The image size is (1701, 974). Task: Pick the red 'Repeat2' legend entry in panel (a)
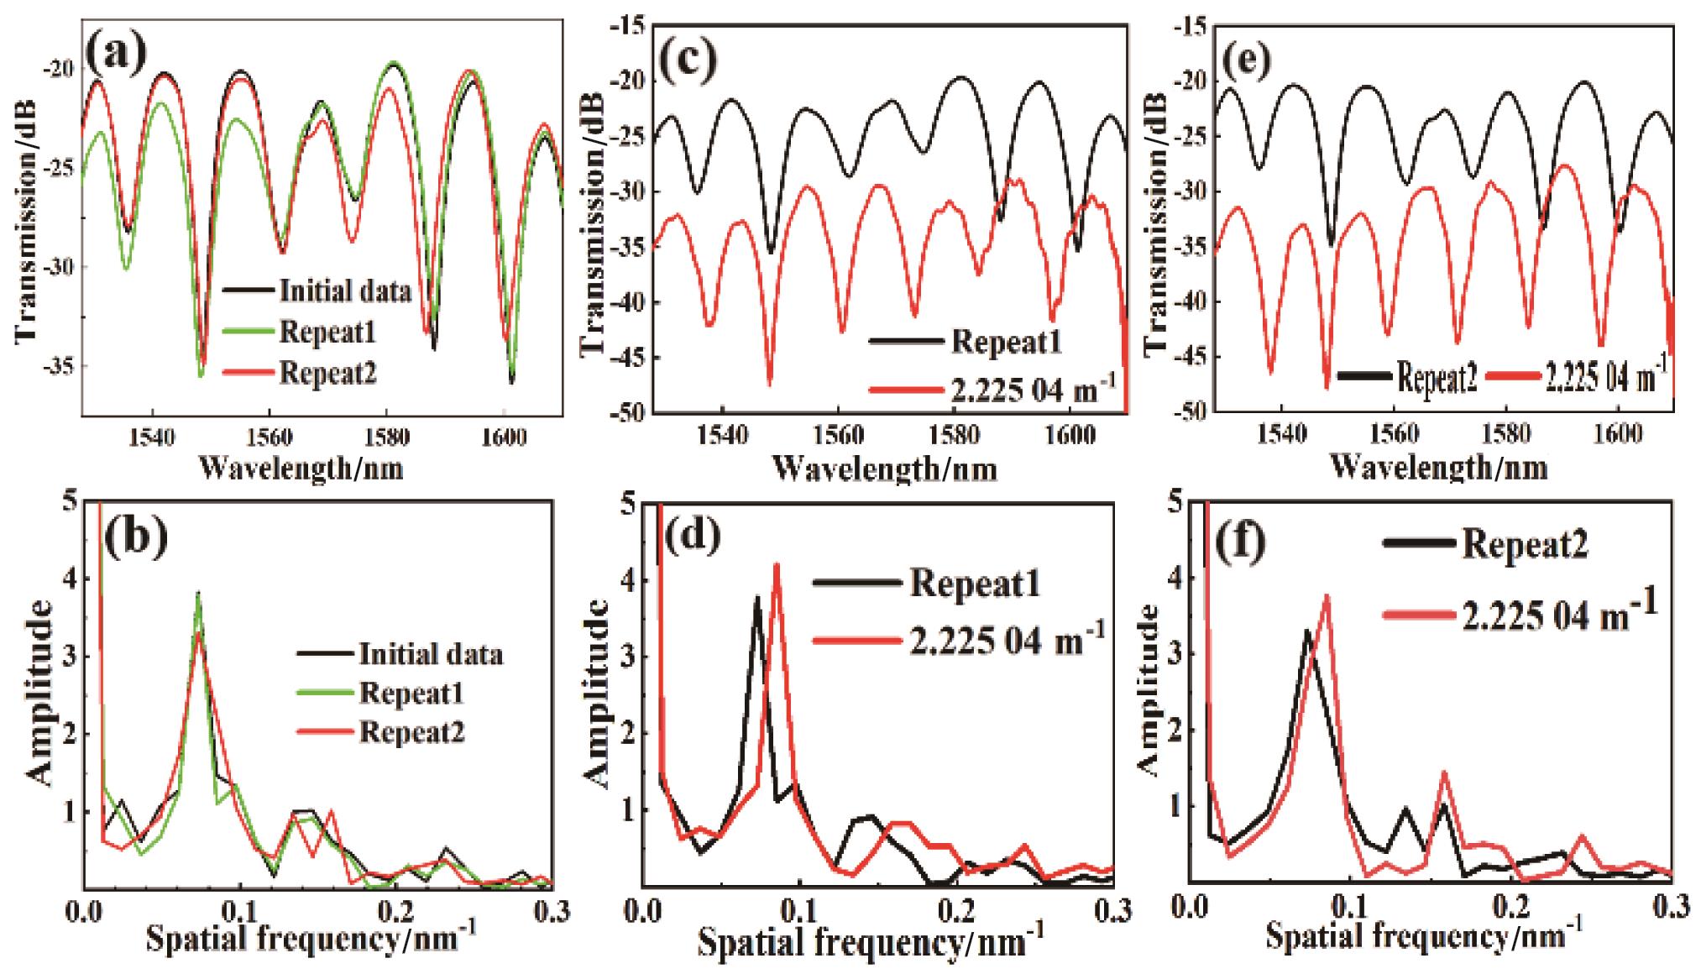(x=327, y=371)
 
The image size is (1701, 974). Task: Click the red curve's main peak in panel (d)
(x=777, y=565)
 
